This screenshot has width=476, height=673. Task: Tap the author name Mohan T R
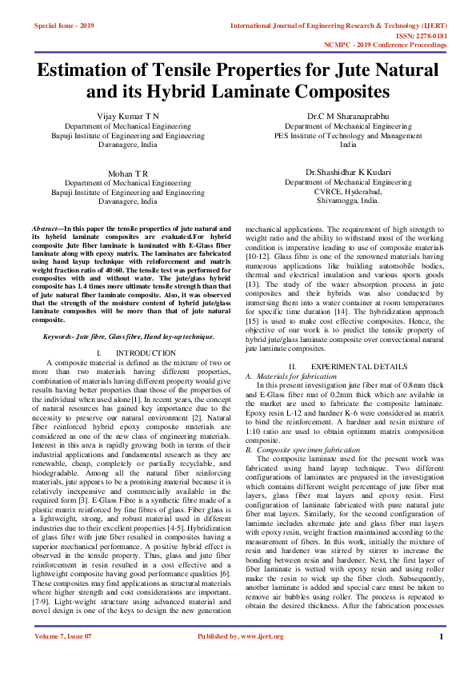click(x=128, y=173)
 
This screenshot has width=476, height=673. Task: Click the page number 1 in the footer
click(x=441, y=659)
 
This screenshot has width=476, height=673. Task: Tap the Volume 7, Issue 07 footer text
click(x=63, y=659)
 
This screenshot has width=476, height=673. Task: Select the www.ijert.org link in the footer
click(x=264, y=659)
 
